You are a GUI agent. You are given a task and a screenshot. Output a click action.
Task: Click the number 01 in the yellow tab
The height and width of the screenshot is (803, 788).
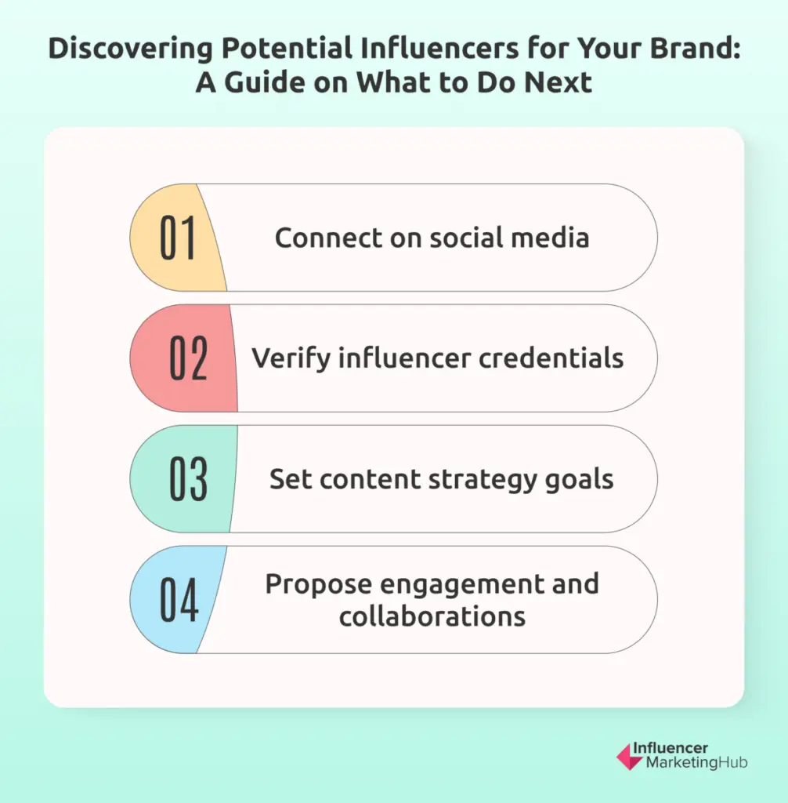tap(179, 238)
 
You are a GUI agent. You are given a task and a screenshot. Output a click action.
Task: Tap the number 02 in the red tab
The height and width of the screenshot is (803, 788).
tap(189, 358)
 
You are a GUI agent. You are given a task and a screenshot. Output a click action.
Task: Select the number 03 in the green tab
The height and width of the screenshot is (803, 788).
tap(189, 479)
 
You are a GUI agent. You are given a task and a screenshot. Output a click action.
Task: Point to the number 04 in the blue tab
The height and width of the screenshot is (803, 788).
tap(179, 600)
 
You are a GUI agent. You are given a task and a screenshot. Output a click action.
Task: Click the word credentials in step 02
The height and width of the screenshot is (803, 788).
tap(552, 358)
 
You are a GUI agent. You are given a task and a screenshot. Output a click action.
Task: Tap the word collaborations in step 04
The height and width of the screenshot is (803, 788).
tap(432, 616)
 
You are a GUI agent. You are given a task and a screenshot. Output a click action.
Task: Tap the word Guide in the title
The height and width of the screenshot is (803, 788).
tap(271, 82)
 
